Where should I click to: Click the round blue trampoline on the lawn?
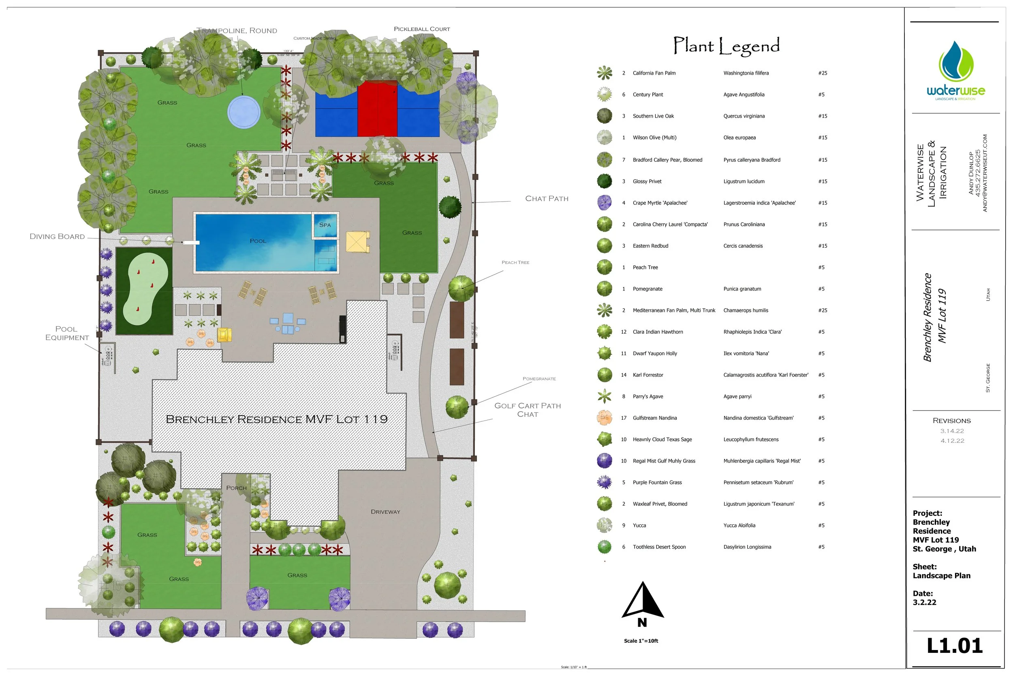click(x=244, y=112)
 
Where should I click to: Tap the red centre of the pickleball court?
click(x=377, y=109)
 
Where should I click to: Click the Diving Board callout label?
click(x=57, y=237)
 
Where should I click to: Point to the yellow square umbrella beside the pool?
click(x=357, y=242)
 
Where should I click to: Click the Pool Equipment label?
click(x=67, y=333)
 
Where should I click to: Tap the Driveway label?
click(x=385, y=512)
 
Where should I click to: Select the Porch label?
click(x=237, y=488)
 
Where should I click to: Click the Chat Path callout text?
click(x=547, y=199)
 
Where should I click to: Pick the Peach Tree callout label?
click(x=515, y=262)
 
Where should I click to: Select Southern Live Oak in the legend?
click(x=653, y=116)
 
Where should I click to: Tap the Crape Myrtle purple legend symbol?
click(x=604, y=203)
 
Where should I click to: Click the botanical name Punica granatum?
click(x=742, y=289)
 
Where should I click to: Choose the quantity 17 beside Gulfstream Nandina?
click(x=623, y=418)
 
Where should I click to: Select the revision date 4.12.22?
click(x=952, y=441)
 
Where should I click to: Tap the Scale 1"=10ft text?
click(x=641, y=641)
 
